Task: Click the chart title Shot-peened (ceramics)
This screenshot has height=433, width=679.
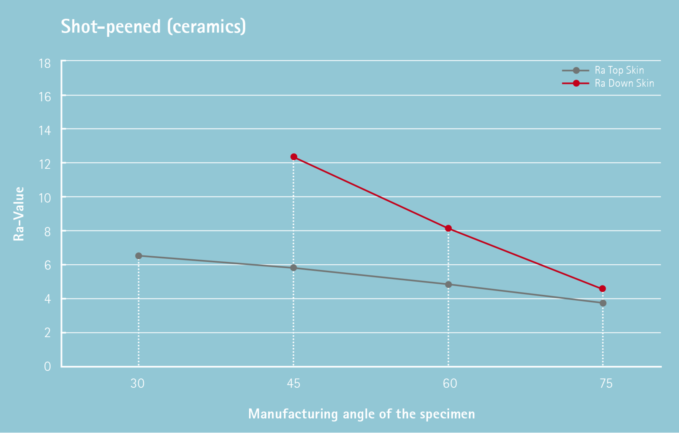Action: point(153,27)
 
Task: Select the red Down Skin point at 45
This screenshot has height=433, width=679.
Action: point(294,157)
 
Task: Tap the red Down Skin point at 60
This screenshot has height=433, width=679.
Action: point(448,228)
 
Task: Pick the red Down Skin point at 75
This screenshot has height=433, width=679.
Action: point(603,289)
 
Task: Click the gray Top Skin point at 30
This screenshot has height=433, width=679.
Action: point(139,256)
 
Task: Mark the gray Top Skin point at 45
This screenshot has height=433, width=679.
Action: point(294,268)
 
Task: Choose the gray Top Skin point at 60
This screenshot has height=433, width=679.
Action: point(448,285)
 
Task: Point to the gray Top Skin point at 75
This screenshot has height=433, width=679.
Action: point(603,303)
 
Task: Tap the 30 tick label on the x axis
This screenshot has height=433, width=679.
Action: point(137,384)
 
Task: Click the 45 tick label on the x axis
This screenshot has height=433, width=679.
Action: point(293,384)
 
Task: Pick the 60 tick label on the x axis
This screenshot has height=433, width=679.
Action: point(450,384)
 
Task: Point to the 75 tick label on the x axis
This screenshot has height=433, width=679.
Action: point(606,384)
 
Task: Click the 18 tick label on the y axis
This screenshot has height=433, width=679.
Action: point(45,64)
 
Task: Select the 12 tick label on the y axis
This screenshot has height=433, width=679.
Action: point(45,164)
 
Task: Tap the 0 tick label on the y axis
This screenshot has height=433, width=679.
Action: point(47,367)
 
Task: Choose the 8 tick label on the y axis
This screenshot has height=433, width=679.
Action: point(47,232)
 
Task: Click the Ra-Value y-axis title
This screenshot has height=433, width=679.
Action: point(19,214)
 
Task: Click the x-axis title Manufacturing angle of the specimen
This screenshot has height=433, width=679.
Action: point(361,414)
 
